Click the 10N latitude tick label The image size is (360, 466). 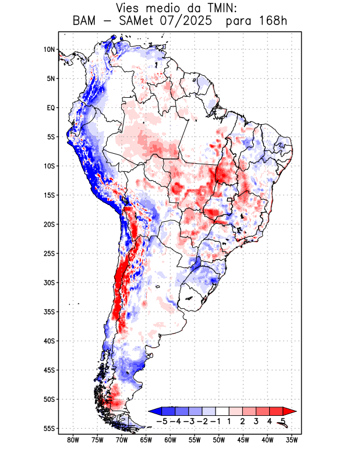click(x=49, y=50)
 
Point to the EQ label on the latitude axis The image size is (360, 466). click(x=51, y=108)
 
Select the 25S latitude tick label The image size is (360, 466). click(x=49, y=253)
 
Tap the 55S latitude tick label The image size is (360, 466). click(x=49, y=428)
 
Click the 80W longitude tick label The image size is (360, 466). click(x=73, y=440)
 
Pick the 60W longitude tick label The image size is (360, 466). click(x=170, y=440)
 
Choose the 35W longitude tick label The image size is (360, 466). click(x=292, y=440)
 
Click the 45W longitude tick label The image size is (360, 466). click(x=243, y=440)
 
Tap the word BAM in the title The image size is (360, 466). click(x=85, y=21)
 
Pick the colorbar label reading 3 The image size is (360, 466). click(x=256, y=421)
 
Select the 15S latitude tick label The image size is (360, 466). click(x=49, y=195)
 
